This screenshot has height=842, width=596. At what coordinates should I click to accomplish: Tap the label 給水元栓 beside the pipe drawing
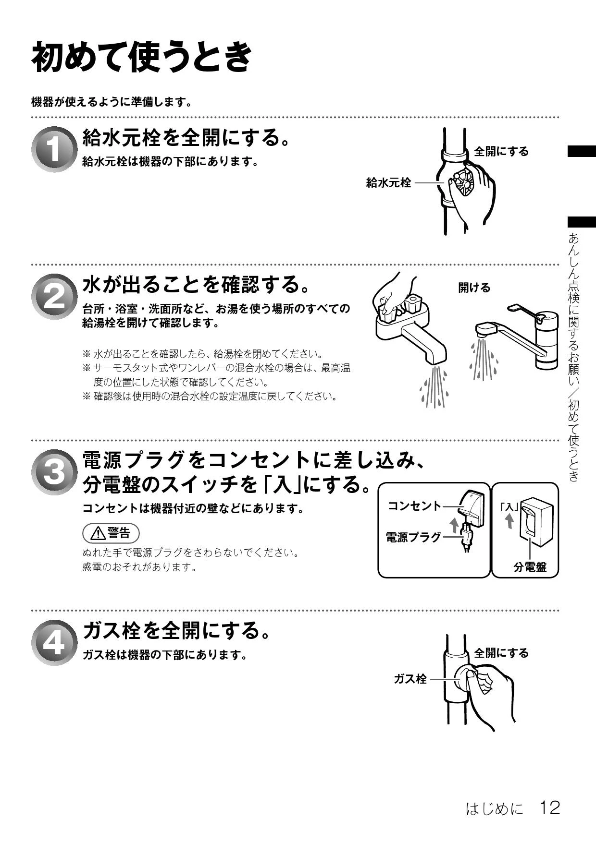[388, 182]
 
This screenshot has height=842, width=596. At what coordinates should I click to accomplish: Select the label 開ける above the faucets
[474, 288]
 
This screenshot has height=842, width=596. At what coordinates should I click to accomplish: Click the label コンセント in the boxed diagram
[414, 505]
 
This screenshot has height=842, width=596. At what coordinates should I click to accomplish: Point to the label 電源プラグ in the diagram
[413, 537]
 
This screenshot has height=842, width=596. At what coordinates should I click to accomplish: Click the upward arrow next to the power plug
[453, 525]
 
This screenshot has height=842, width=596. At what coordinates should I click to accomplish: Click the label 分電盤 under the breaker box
[530, 567]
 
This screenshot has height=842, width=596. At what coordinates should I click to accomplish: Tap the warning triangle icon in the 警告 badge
[99, 533]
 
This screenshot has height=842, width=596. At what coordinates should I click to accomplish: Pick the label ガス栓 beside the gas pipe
[410, 679]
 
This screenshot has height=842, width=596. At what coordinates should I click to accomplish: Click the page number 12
[550, 807]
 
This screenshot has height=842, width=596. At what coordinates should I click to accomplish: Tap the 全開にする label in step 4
[501, 653]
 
